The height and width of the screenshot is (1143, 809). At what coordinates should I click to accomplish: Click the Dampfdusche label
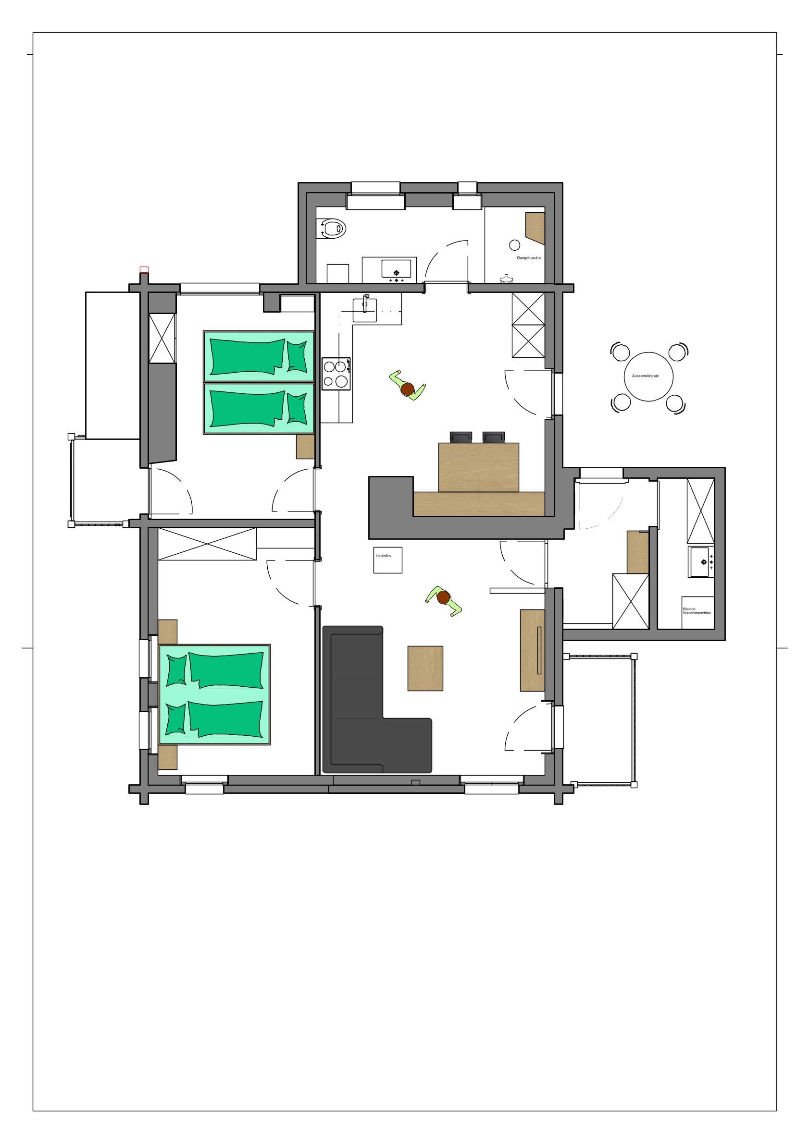pos(529,258)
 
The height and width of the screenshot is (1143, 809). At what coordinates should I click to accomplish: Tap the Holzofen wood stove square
pos(388,560)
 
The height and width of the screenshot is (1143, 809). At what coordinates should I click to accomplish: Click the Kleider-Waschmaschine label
pos(697,611)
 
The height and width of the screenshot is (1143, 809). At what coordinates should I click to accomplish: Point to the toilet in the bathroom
pos(334,229)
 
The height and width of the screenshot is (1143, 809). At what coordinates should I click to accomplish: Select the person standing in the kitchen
pos(408,386)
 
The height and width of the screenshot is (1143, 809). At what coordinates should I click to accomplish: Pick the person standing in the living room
pos(443,601)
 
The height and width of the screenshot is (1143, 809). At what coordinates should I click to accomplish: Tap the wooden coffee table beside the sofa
pos(425,668)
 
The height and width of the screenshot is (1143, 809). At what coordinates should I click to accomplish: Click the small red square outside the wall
pos(144,270)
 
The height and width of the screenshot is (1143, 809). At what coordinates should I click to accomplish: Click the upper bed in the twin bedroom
pos(259,356)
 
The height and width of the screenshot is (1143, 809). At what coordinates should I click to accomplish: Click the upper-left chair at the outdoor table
pos(620,352)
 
